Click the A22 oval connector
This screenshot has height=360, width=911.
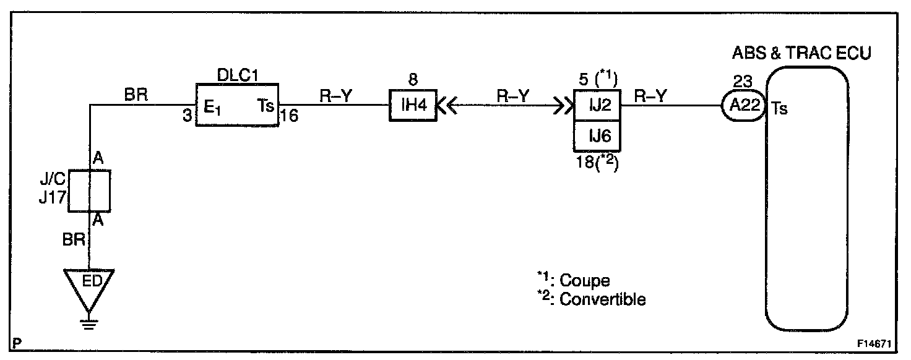tap(743, 106)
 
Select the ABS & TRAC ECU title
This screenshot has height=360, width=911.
tap(801, 53)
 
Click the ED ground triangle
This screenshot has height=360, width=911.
tap(90, 286)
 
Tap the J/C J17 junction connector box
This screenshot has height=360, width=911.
tap(89, 191)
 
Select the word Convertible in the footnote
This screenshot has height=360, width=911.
tap(602, 299)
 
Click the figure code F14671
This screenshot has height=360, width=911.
tap(874, 341)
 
